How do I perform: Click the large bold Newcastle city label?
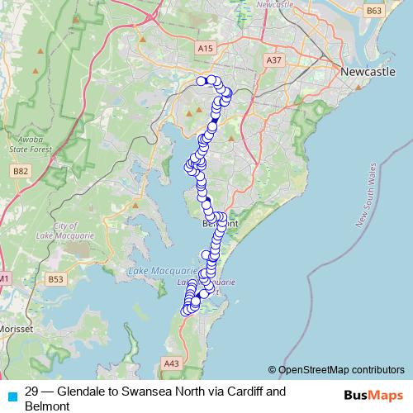pyautogui.click(x=368, y=74)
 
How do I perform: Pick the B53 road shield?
pyautogui.click(x=56, y=279)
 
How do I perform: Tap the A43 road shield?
pyautogui.click(x=172, y=363)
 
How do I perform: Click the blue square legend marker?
pyautogui.click(x=12, y=396)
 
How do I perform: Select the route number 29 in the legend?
pyautogui.click(x=32, y=392)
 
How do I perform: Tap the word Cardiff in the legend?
pyautogui.click(x=243, y=392)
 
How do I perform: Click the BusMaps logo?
pyautogui.click(x=371, y=395)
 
